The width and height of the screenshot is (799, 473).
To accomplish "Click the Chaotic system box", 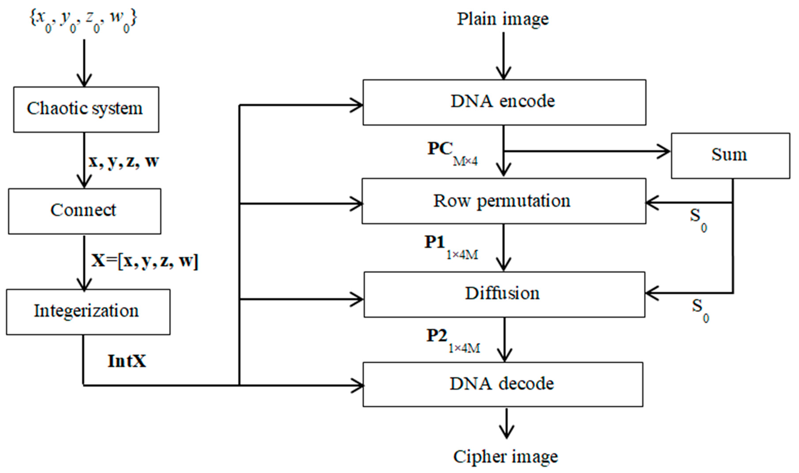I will click(x=86, y=109).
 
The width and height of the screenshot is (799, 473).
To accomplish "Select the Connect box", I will click(x=85, y=211).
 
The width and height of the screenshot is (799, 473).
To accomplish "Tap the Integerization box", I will click(x=88, y=312).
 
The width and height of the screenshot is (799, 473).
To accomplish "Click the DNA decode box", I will click(x=503, y=384).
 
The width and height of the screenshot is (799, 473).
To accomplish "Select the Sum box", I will click(x=730, y=155).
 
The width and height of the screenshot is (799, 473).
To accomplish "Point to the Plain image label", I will click(x=503, y=19).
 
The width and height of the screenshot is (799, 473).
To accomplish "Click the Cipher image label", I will click(x=505, y=457).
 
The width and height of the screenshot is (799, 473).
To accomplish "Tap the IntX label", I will click(x=127, y=361).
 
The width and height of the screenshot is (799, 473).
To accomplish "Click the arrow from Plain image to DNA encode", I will click(x=503, y=56).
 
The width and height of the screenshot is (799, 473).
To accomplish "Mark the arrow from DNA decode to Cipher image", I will click(x=506, y=424).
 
